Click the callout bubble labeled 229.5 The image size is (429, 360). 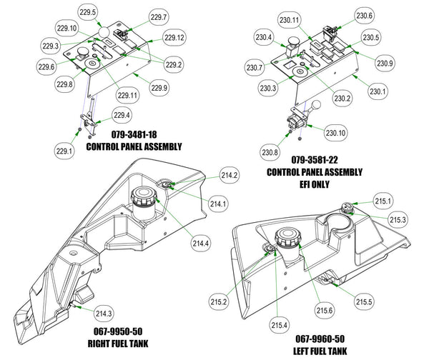87,12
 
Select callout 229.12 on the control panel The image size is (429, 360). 174,37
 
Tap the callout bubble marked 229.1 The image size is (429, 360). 64,151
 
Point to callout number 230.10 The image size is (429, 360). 335,133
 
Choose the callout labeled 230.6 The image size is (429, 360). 364,16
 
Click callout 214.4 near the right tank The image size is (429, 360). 201,244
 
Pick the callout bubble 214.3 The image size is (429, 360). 104,314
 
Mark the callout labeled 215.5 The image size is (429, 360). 364,301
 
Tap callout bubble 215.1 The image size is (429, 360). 383,201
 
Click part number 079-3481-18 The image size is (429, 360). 134,134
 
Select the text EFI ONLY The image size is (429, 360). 315,184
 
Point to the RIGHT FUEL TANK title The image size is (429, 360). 118,344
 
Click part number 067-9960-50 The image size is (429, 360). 320,339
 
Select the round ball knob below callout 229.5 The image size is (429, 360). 104,32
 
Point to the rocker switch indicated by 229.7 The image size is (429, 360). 121,34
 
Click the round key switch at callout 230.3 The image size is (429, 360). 300,72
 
